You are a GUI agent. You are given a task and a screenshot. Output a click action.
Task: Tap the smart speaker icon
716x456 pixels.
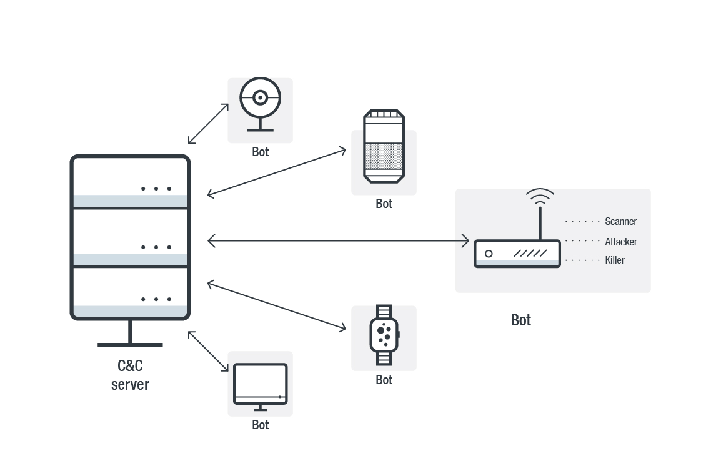(x=384, y=147)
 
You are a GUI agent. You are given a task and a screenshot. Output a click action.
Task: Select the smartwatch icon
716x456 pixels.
(x=384, y=335)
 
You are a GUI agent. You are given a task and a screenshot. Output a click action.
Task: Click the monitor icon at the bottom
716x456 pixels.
(x=260, y=386)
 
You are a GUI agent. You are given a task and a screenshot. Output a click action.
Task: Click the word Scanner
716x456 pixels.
(x=620, y=221)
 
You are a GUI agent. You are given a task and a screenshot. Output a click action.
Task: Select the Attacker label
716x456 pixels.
(x=620, y=242)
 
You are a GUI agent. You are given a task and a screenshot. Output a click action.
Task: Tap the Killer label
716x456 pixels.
(x=615, y=260)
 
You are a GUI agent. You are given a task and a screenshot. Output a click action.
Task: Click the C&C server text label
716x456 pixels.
(x=130, y=375)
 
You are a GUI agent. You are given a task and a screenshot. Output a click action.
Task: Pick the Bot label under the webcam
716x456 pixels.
(x=261, y=152)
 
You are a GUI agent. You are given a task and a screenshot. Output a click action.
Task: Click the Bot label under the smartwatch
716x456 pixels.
(x=384, y=380)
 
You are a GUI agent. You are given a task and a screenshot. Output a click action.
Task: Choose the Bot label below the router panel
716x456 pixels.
(x=521, y=320)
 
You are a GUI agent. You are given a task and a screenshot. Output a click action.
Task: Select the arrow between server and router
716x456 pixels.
(x=338, y=240)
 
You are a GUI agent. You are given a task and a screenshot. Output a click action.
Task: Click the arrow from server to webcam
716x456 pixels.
(x=209, y=124)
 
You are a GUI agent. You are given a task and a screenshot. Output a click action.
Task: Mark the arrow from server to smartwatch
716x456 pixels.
(x=277, y=306)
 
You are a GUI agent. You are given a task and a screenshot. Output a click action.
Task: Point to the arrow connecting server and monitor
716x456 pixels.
(x=209, y=352)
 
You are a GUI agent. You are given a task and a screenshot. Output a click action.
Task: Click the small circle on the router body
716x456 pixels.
(x=489, y=254)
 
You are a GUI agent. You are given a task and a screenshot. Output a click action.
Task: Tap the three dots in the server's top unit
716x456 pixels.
(x=156, y=189)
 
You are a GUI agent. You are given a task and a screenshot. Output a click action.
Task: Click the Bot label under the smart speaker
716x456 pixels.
(x=384, y=204)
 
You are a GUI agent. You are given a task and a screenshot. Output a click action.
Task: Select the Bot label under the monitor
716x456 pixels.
(x=261, y=425)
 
